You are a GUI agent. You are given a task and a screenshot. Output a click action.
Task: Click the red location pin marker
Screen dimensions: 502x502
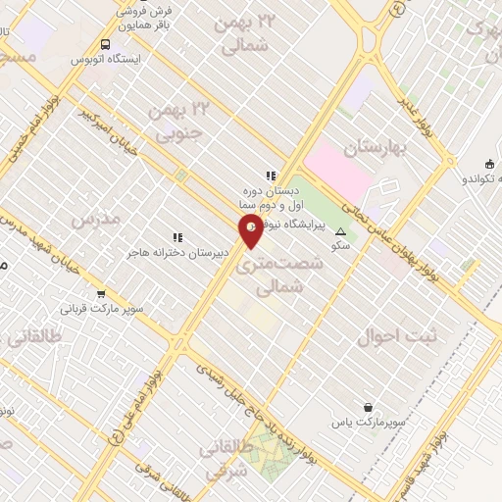tap(251, 229)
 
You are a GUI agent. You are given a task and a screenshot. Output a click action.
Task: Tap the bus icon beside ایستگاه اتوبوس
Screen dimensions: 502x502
tap(105, 44)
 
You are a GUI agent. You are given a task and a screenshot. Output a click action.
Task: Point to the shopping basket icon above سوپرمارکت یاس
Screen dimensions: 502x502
tap(368, 407)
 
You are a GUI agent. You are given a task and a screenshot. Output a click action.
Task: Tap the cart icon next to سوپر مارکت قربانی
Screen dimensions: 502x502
tap(100, 294)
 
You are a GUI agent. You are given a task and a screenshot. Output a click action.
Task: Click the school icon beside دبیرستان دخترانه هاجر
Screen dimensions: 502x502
tap(177, 237)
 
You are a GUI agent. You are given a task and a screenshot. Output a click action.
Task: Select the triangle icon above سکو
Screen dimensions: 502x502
tap(340, 232)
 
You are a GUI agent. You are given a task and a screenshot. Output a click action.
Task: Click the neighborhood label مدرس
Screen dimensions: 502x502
tap(96, 219)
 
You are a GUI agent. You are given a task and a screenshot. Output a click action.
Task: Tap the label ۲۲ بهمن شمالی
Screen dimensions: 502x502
tap(248, 32)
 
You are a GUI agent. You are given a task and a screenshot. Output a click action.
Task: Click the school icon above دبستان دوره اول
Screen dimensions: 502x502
tap(271, 176)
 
